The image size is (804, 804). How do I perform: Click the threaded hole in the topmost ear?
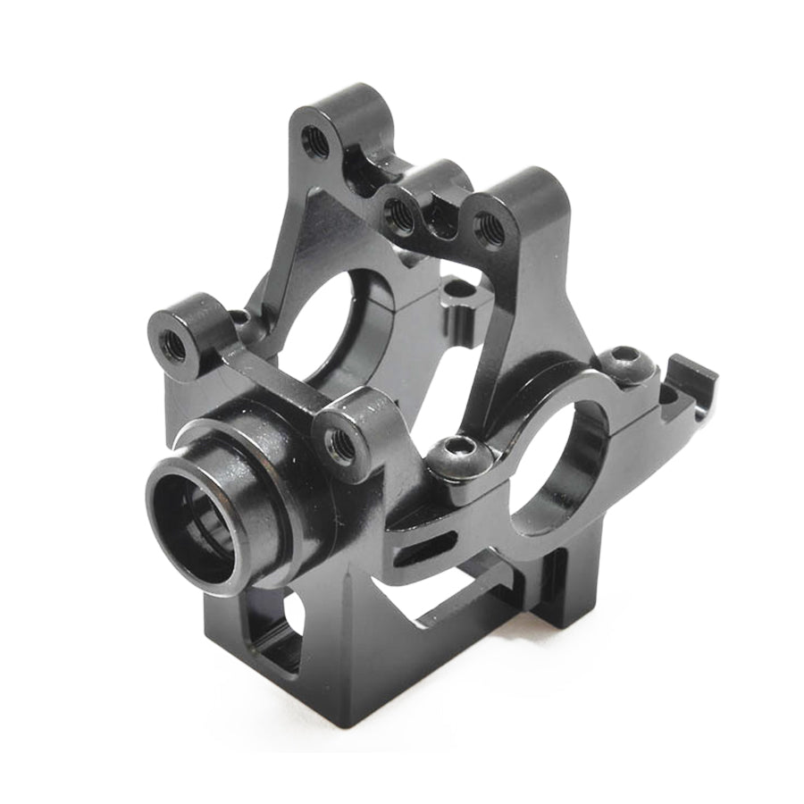point(314,138)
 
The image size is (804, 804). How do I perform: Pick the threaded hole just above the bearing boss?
point(339,439)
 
